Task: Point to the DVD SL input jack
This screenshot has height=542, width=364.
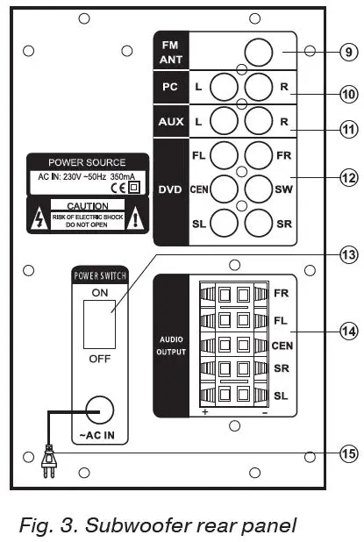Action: (225, 223)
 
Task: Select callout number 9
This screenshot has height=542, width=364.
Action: (349, 53)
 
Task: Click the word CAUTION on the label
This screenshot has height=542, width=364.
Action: (87, 203)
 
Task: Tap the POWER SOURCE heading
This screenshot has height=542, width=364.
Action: (87, 162)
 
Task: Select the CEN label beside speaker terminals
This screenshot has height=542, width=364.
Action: (282, 346)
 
